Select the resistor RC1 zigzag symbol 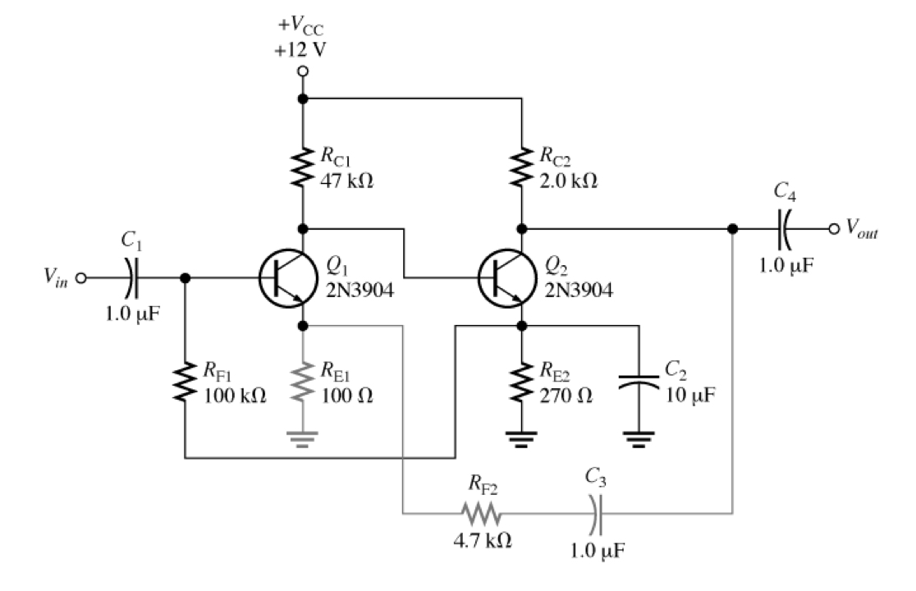click(303, 167)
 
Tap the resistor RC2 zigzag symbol click(521, 167)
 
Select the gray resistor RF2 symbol click(480, 515)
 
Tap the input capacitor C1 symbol click(132, 277)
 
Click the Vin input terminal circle click(80, 277)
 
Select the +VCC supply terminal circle click(303, 72)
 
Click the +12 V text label click(301, 48)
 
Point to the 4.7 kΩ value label click(484, 541)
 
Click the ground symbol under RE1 click(303, 440)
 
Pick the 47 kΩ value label click(346, 181)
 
